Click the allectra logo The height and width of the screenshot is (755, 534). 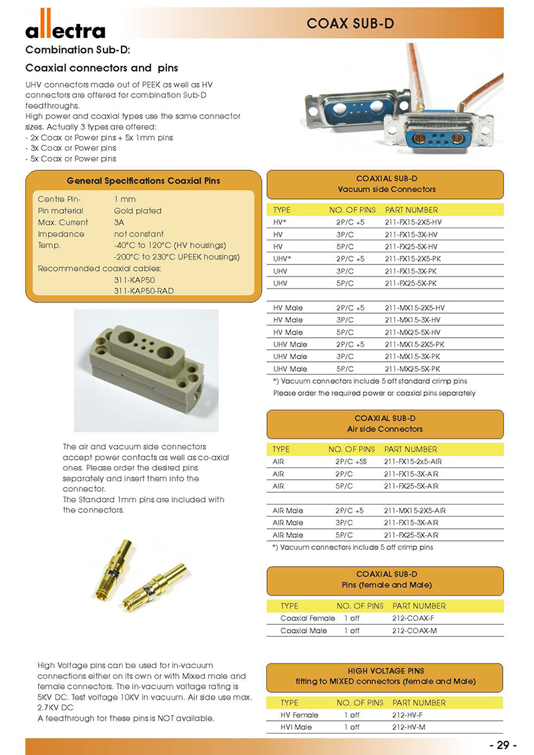(x=65, y=30)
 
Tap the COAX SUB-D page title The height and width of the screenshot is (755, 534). (x=350, y=24)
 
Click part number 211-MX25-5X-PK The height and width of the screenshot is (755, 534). (x=413, y=368)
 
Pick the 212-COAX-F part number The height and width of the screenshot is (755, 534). (x=415, y=618)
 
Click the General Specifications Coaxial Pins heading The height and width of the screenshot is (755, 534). (x=144, y=180)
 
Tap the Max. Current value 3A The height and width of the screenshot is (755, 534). (x=119, y=222)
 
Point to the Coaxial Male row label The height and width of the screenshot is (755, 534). (x=304, y=630)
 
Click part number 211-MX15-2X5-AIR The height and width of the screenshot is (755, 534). (x=415, y=511)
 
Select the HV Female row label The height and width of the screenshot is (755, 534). (x=299, y=715)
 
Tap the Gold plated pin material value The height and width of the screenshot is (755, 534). (x=138, y=211)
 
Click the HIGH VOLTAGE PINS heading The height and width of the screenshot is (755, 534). (x=385, y=670)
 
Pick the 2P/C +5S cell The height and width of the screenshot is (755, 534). (x=350, y=461)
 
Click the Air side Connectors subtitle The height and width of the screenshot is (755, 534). (x=384, y=429)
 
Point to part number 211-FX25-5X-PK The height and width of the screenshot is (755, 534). (x=411, y=283)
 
